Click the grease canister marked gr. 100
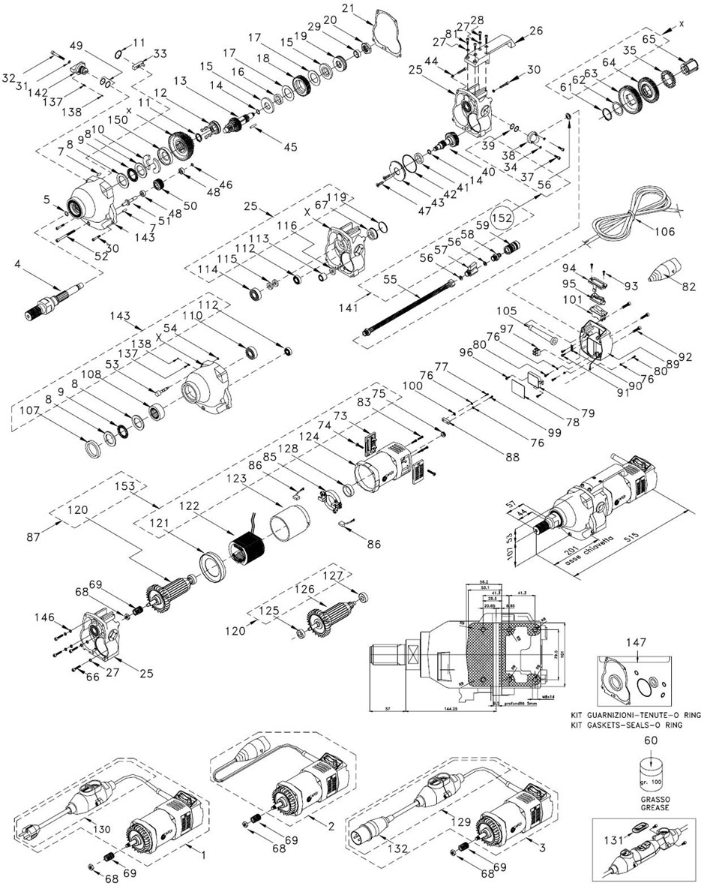pos(650,773)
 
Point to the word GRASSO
pos(650,799)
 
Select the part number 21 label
pos(367,8)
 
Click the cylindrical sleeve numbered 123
pos(292,521)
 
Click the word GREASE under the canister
pos(650,808)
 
